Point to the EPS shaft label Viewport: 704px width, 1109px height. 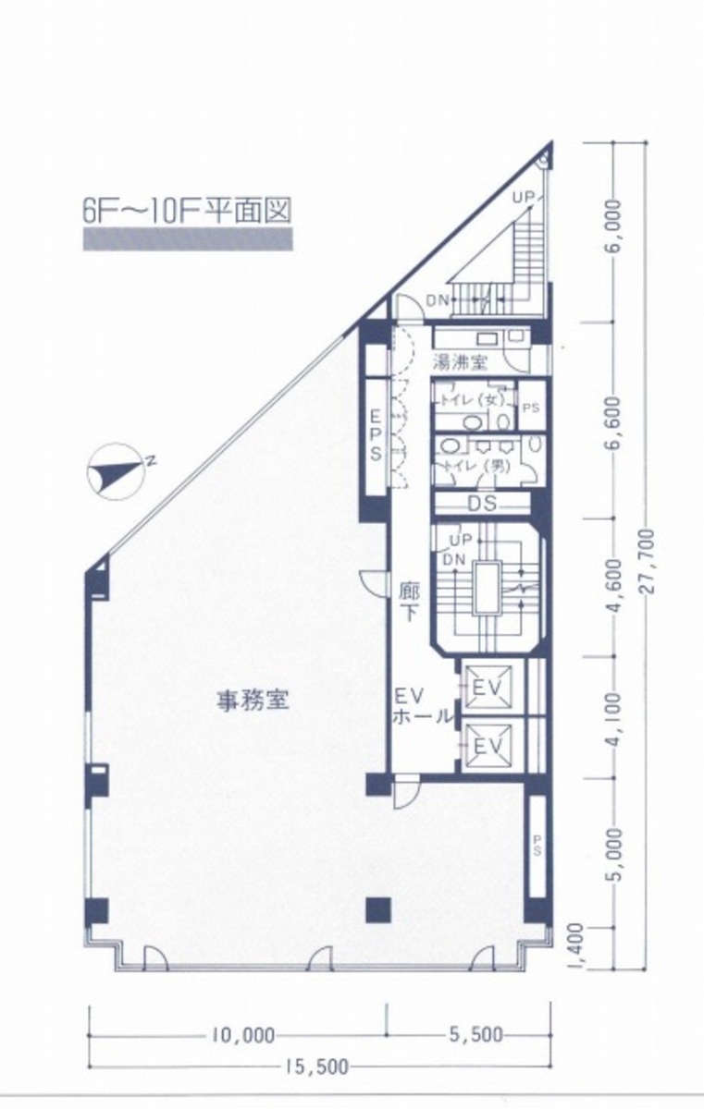coord(376,434)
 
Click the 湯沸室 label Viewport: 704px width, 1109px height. coord(459,362)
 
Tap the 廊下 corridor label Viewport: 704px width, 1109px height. coord(410,601)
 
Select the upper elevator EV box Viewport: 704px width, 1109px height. coord(488,688)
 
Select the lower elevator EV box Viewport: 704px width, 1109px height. coord(488,742)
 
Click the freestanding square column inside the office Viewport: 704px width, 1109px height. coord(377,909)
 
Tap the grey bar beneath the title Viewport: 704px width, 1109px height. coord(187,242)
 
